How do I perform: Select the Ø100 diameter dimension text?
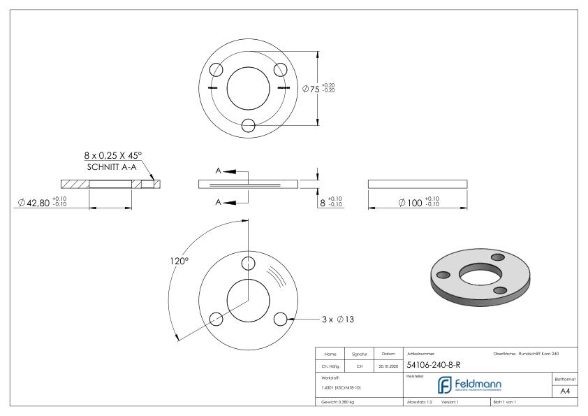(419, 203)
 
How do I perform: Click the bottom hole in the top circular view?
(248, 125)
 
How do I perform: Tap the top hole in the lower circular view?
(248, 263)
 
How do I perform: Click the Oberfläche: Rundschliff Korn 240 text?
(525, 354)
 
